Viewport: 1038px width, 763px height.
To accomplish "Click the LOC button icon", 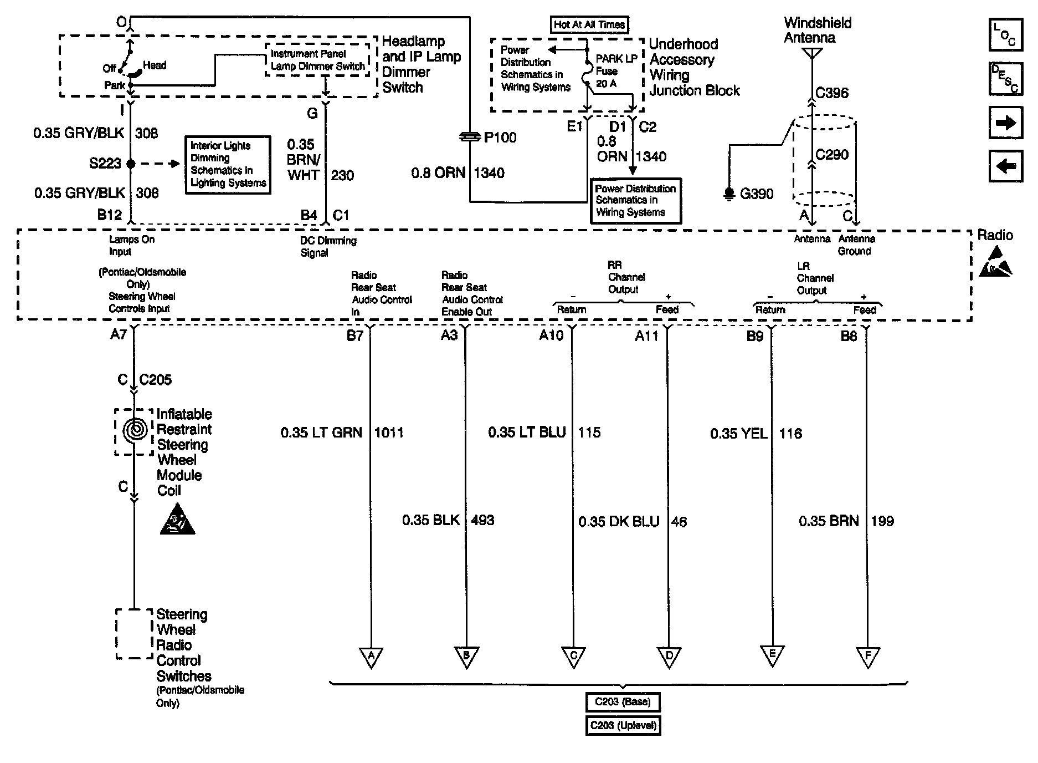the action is coord(1005,34).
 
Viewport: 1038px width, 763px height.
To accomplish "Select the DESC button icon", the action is coord(1005,79).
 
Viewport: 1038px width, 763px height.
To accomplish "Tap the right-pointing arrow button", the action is coord(1005,123).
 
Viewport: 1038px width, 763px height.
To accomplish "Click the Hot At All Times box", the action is coord(589,24).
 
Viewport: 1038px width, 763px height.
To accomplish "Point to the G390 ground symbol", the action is coord(729,194).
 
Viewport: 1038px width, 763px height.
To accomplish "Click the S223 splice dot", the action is coord(131,164).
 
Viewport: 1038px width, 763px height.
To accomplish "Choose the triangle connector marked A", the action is coord(371,657).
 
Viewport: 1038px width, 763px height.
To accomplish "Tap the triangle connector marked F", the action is coord(867,657).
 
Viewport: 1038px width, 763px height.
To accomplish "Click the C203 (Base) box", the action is coord(623,702).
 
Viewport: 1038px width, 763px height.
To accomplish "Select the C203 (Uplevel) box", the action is coord(623,725).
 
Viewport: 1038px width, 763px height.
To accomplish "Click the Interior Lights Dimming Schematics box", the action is coord(228,165).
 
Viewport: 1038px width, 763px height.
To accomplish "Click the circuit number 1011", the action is coord(389,433).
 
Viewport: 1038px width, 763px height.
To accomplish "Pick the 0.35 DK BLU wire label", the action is coord(619,522).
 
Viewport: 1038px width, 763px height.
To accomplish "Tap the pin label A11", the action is coord(646,336).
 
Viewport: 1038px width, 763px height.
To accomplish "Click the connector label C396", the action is coord(832,93).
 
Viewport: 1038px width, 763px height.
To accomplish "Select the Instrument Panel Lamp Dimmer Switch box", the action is coord(317,60).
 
